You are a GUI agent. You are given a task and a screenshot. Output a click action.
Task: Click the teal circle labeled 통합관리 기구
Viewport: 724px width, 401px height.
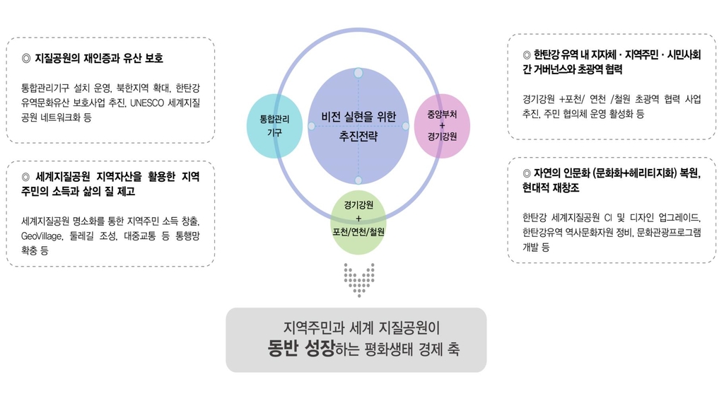275,126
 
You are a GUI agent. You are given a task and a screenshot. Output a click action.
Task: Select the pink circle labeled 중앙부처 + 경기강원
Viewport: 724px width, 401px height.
442,126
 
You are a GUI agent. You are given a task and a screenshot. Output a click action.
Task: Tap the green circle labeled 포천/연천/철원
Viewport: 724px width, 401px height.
358,222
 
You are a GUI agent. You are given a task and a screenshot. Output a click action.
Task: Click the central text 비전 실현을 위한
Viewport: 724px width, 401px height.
358,117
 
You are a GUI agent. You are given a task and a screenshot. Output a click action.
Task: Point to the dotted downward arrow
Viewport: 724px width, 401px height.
358,280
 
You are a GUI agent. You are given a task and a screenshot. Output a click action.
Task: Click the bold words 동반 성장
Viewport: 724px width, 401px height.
301,348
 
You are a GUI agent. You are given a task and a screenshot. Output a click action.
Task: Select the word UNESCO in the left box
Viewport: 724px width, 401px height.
147,103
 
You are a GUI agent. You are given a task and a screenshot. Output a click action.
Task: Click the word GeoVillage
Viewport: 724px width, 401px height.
42,236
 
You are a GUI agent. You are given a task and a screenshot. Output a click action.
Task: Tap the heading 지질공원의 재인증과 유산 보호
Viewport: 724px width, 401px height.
99,58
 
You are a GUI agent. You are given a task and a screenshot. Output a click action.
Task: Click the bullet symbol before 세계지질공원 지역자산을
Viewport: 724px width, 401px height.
26,177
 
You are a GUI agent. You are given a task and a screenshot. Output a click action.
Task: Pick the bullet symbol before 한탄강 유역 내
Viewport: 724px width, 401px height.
527,55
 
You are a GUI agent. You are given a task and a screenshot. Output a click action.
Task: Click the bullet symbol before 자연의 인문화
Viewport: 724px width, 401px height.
527,174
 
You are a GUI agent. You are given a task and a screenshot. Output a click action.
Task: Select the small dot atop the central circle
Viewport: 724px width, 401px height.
358,73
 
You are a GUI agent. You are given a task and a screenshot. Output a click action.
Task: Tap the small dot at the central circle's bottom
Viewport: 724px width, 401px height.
358,180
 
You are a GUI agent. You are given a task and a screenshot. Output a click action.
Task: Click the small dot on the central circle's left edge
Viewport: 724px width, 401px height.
312,126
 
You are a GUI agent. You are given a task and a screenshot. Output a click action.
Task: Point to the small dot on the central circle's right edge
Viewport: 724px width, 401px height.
405,126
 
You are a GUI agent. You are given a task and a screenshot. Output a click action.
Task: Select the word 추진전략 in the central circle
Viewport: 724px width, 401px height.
358,136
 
